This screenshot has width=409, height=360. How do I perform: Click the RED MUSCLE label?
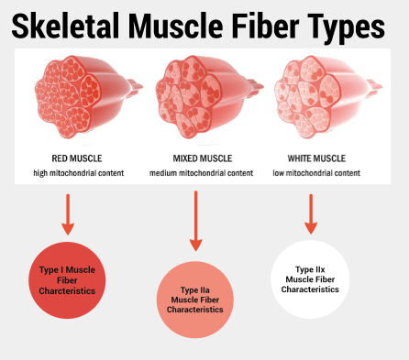tap(72, 157)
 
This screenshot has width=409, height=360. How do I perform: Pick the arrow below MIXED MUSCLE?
tap(195, 220)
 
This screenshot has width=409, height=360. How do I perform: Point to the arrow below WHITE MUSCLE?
tap(311, 212)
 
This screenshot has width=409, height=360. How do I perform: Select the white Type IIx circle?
tap(311, 278)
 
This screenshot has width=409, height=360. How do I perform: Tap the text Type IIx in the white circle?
tap(311, 268)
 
